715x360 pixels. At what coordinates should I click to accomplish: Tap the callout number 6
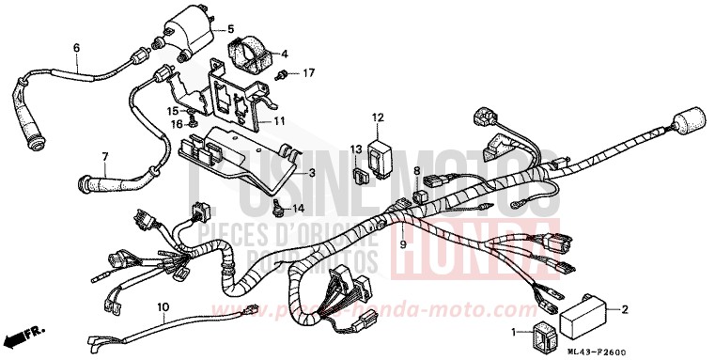coord(76,48)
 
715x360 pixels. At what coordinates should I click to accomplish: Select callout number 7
coord(104,156)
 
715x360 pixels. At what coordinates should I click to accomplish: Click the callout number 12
coord(378,117)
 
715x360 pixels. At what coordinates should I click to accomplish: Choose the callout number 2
coord(625,308)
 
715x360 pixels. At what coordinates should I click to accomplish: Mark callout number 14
coord(300,208)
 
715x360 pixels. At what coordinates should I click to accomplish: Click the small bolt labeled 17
coord(285,72)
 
